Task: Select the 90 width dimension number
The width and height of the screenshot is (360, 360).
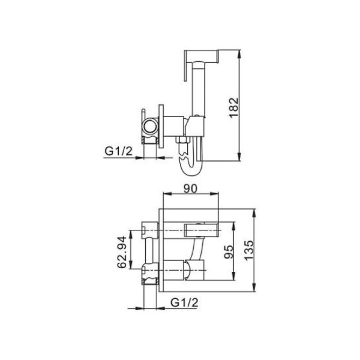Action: tap(191, 188)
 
